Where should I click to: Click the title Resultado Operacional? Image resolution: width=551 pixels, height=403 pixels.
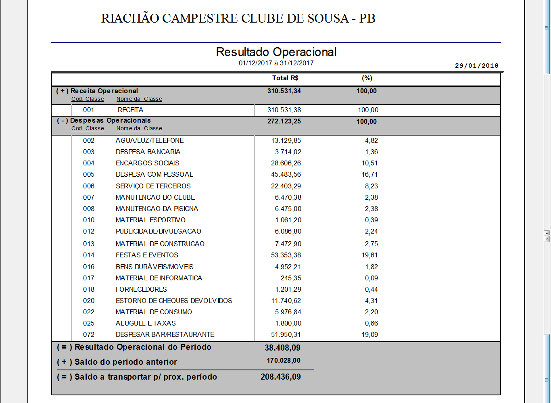click(x=276, y=52)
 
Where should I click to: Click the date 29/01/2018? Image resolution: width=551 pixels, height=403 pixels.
click(x=476, y=66)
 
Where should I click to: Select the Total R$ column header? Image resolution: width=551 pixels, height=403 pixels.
click(x=285, y=78)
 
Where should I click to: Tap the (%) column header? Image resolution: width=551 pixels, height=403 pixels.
click(x=367, y=78)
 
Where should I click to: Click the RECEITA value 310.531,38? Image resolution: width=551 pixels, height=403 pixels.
click(x=284, y=110)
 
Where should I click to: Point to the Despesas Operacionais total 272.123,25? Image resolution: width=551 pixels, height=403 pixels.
click(x=284, y=121)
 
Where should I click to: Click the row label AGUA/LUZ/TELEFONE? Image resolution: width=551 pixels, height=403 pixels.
click(x=150, y=141)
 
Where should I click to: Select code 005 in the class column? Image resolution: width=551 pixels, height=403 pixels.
click(x=89, y=175)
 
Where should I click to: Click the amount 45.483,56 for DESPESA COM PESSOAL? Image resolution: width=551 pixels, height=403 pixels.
click(x=286, y=175)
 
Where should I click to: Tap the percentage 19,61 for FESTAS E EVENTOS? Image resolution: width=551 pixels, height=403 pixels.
click(x=369, y=255)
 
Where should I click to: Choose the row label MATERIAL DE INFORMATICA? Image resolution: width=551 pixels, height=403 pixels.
click(x=159, y=278)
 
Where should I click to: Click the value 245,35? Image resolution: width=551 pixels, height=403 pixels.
click(x=291, y=278)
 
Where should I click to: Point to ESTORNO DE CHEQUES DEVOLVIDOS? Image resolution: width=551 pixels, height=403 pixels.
click(x=174, y=301)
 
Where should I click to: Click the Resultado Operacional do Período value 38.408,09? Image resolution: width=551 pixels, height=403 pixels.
click(x=282, y=348)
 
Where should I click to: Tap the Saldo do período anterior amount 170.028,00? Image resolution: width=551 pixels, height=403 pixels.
click(x=284, y=361)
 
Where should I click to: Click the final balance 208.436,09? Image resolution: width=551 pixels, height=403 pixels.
click(x=281, y=377)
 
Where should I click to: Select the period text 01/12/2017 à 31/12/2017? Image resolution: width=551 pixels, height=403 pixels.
click(x=276, y=63)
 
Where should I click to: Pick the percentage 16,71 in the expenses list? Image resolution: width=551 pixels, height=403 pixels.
click(x=369, y=175)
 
